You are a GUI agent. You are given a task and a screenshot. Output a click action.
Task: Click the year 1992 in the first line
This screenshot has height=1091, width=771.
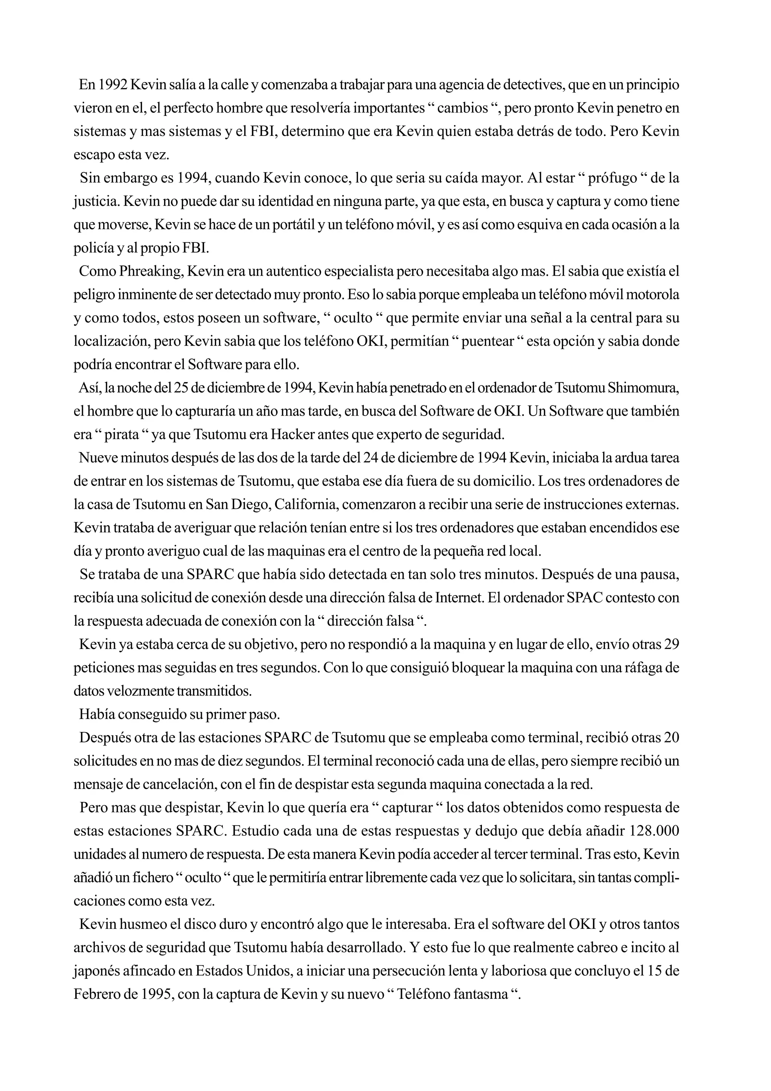112,85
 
